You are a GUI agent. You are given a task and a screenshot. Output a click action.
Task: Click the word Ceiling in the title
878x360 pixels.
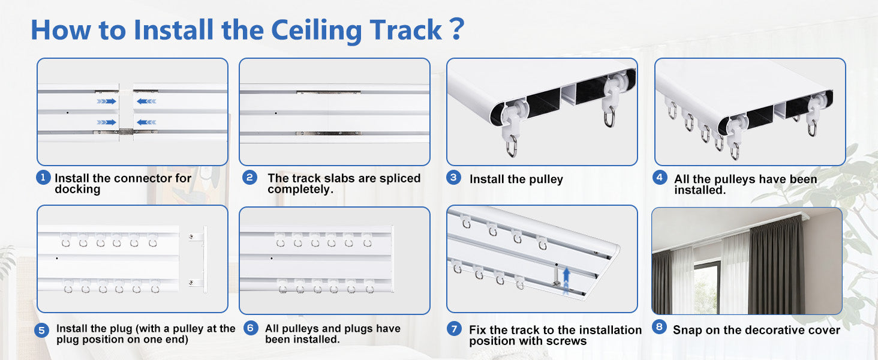pyautogui.click(x=316, y=31)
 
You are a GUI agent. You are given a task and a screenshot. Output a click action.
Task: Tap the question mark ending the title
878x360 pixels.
pyautogui.click(x=457, y=29)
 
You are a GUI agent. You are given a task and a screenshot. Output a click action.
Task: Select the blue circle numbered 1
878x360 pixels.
pyautogui.click(x=43, y=178)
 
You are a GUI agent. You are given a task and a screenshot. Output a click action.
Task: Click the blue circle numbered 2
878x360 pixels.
pyautogui.click(x=249, y=178)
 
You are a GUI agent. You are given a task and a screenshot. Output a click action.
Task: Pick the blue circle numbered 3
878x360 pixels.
pyautogui.click(x=453, y=178)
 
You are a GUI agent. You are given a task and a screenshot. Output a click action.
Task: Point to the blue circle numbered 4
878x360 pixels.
pyautogui.click(x=660, y=178)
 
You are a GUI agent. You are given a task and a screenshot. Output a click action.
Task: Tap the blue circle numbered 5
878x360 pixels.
pyautogui.click(x=41, y=330)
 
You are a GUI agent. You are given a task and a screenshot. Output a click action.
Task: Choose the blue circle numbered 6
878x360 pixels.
pyautogui.click(x=251, y=328)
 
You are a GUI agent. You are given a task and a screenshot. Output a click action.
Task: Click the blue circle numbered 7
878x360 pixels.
pyautogui.click(x=454, y=329)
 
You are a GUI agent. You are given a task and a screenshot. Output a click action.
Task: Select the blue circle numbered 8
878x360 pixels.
pyautogui.click(x=659, y=326)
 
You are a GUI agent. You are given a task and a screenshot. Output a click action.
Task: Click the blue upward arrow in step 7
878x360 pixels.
pyautogui.click(x=566, y=280)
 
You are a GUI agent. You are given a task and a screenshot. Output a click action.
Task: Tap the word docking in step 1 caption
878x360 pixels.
pyautogui.click(x=77, y=190)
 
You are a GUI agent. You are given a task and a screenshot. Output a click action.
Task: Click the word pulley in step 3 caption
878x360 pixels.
pyautogui.click(x=546, y=179)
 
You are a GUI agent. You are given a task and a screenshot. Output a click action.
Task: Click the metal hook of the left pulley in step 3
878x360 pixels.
pyautogui.click(x=512, y=146)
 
